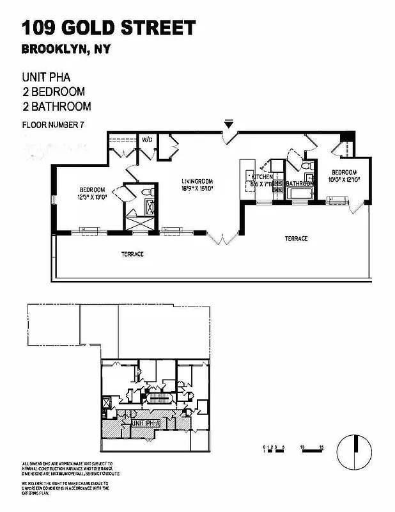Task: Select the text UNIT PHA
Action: (46, 77)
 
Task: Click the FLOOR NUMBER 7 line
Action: (53, 125)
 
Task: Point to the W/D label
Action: (147, 139)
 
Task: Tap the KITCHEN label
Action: (262, 177)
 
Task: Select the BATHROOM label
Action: (298, 184)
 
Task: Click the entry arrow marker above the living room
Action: (229, 124)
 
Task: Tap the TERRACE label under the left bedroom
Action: (132, 254)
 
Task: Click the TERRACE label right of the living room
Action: (296, 239)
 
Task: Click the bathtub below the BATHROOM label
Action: (298, 193)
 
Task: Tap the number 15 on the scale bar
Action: (323, 445)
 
